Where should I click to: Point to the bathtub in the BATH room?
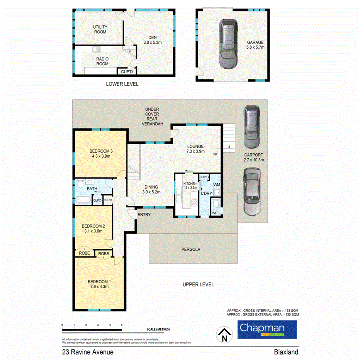83,200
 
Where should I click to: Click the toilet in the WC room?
216,203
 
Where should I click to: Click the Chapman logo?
262,329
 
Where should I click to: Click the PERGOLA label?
191,249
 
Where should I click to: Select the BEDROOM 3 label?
100,151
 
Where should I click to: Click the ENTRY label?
144,215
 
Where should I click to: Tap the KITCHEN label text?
190,183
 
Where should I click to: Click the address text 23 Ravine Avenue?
87,352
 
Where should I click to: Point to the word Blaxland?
286,352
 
